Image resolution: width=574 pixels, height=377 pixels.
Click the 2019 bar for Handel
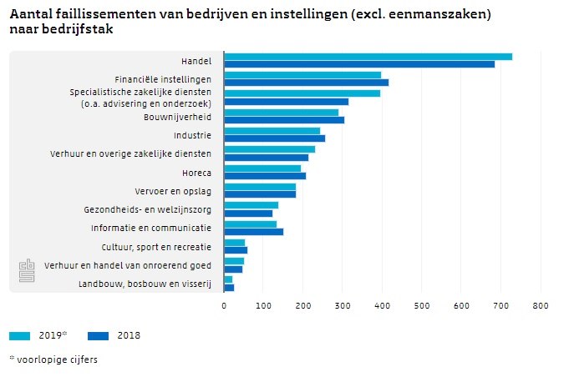coord(368,57)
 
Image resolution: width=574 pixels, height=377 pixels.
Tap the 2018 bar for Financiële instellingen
coord(306,83)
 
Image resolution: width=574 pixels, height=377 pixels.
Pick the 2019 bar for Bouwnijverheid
coord(281,112)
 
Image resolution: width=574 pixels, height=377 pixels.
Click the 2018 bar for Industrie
coord(274,138)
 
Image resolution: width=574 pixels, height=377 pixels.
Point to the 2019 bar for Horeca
coord(262,168)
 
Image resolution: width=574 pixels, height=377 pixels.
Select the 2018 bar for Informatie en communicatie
coord(253,232)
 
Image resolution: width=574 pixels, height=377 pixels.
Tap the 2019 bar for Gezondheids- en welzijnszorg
coord(251,205)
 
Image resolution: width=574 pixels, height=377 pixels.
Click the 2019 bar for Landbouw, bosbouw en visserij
coord(228,279)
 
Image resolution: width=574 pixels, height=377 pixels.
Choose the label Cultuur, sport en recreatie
coord(156,247)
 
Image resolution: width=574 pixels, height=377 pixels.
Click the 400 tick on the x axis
coord(382,306)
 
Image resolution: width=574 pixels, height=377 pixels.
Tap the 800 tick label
coord(540,306)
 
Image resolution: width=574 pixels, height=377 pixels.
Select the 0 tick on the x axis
coord(224,306)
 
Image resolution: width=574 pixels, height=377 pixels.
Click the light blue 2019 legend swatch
coord(20,335)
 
